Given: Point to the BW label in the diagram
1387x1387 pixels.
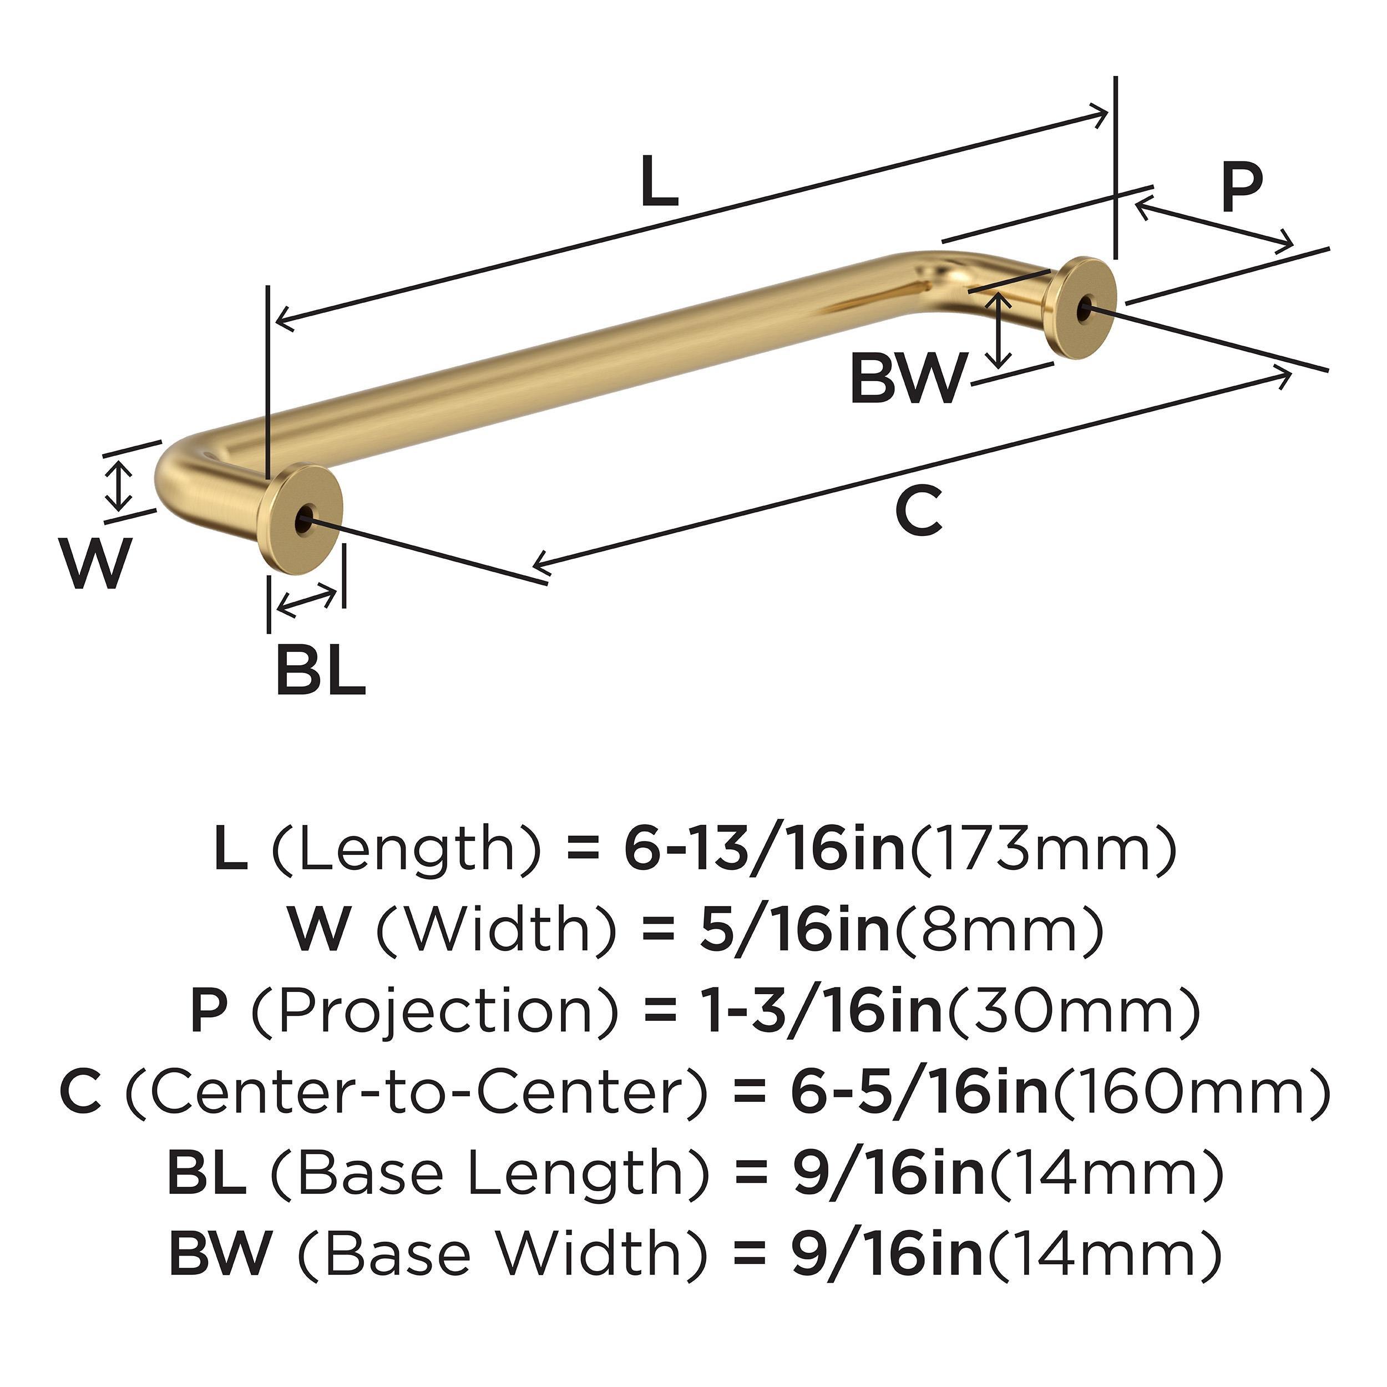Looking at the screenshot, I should [906, 380].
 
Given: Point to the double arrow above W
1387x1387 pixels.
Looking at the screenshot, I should [120, 486].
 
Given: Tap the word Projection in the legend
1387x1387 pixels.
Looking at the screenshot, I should [436, 1011].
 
